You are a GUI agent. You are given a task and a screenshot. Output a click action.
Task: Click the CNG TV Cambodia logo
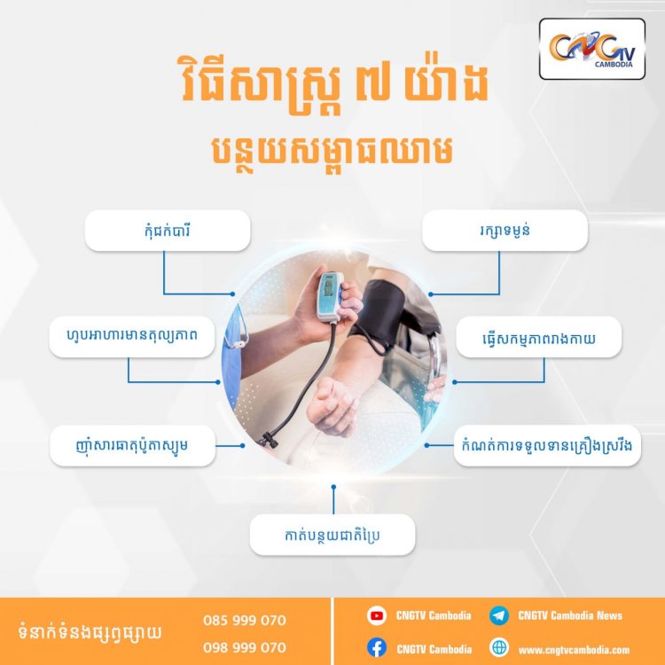click(592, 49)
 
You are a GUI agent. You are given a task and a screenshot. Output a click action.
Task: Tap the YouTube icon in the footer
click(377, 615)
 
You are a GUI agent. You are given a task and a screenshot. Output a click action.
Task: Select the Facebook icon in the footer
click(377, 647)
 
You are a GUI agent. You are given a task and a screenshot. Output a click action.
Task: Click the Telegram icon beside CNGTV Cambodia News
click(498, 615)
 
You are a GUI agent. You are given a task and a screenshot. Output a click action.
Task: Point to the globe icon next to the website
click(498, 647)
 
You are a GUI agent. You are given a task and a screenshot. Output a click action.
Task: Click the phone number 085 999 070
click(245, 621)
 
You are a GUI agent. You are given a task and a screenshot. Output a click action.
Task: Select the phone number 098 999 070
click(245, 647)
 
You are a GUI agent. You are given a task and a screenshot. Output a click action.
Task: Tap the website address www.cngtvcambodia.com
click(574, 650)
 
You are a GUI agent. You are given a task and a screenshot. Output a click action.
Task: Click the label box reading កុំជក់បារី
click(168, 231)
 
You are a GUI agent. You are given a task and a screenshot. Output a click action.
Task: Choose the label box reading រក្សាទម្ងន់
click(505, 231)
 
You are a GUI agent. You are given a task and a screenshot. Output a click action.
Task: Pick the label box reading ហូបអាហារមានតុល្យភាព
click(132, 337)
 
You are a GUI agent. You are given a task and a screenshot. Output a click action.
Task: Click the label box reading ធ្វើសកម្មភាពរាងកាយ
click(538, 337)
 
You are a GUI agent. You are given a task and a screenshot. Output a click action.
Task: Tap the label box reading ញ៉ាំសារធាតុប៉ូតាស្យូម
click(132, 446)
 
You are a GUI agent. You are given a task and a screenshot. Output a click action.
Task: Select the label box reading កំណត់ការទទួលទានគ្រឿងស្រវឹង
click(547, 446)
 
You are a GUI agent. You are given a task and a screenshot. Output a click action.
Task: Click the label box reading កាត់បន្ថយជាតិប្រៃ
click(332, 535)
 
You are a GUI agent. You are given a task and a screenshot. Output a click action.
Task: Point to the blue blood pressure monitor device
click(330, 296)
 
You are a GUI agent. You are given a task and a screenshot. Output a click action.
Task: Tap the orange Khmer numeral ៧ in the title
click(372, 82)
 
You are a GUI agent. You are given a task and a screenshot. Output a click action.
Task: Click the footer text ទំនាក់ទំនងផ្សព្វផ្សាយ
click(90, 632)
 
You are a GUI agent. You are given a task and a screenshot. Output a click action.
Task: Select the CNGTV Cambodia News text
click(570, 615)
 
